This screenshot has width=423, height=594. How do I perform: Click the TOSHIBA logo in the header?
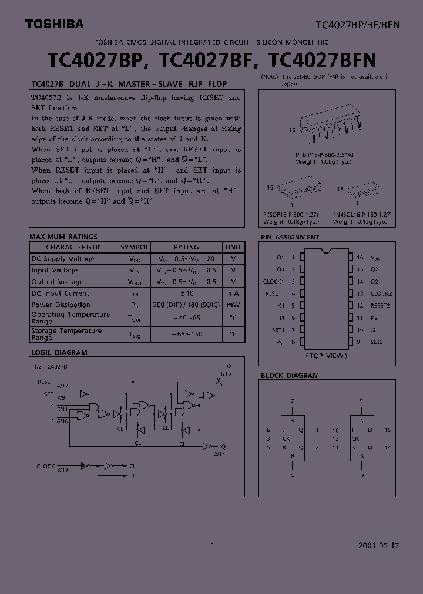(x=55, y=24)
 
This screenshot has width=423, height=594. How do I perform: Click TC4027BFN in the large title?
(x=322, y=60)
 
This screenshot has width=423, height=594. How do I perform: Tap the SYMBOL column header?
(x=135, y=247)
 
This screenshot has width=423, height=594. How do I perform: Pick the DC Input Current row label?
(x=61, y=293)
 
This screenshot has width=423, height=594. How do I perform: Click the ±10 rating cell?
(x=186, y=293)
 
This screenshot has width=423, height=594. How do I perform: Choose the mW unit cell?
(x=233, y=305)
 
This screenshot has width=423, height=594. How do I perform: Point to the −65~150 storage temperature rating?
(x=186, y=333)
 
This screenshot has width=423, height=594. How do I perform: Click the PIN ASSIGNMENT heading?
(x=290, y=237)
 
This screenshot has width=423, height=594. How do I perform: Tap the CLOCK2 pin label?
(x=381, y=293)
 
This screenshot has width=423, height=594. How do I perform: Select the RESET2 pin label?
(x=380, y=305)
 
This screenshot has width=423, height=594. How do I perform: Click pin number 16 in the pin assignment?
(x=360, y=257)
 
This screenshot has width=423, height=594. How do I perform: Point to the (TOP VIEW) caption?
(x=327, y=356)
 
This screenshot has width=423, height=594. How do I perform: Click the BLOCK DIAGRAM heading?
(x=290, y=376)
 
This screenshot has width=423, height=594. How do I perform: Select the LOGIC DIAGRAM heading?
(x=59, y=352)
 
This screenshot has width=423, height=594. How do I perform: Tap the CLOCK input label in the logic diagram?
(x=45, y=466)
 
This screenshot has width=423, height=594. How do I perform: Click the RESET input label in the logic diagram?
(x=45, y=382)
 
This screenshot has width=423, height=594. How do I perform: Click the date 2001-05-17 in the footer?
(x=378, y=545)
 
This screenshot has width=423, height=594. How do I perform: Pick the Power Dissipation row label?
(x=61, y=305)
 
